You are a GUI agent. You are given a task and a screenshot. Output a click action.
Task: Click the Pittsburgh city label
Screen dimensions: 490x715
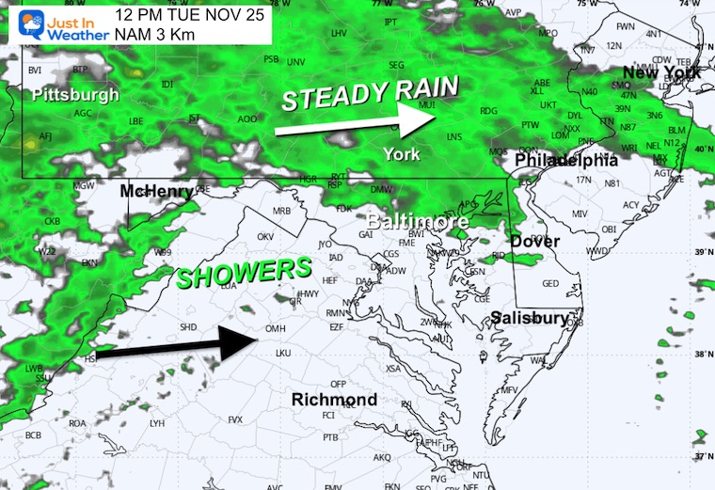pos(75,95)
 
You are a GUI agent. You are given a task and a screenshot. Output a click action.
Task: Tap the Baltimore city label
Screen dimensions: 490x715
pos(418,222)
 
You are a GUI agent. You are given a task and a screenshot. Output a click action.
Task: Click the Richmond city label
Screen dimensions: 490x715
pos(334,400)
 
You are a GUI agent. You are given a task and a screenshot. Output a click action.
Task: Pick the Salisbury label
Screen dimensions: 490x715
pos(530,318)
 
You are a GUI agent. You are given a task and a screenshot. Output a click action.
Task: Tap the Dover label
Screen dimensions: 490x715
pos(534,242)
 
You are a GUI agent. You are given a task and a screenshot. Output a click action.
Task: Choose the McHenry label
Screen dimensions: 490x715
pos(156,192)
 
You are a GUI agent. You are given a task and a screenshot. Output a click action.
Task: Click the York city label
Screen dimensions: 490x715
pos(402,153)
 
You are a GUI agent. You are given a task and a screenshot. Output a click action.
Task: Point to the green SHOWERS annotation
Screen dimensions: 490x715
pos(245,274)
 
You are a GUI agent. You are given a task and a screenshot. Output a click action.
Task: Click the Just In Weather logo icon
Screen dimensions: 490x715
pos(18,22)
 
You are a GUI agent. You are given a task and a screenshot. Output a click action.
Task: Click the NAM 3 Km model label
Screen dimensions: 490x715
pos(153,35)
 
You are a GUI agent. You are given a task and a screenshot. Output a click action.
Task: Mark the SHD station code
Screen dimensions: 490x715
pos(188,326)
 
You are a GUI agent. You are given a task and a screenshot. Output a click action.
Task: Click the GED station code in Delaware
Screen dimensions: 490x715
pos(550,283)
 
